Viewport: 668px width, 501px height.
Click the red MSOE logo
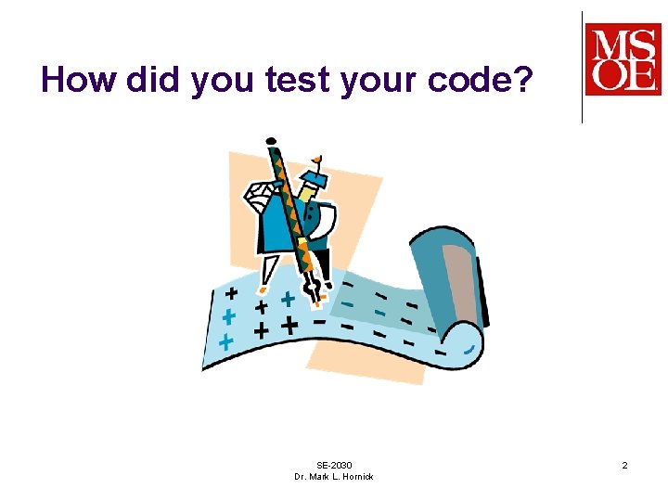point(623,58)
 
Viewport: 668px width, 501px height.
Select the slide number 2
point(624,464)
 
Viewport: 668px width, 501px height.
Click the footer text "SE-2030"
point(334,465)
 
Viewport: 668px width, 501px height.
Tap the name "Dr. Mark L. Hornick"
point(334,476)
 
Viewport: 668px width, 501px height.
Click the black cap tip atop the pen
point(270,141)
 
